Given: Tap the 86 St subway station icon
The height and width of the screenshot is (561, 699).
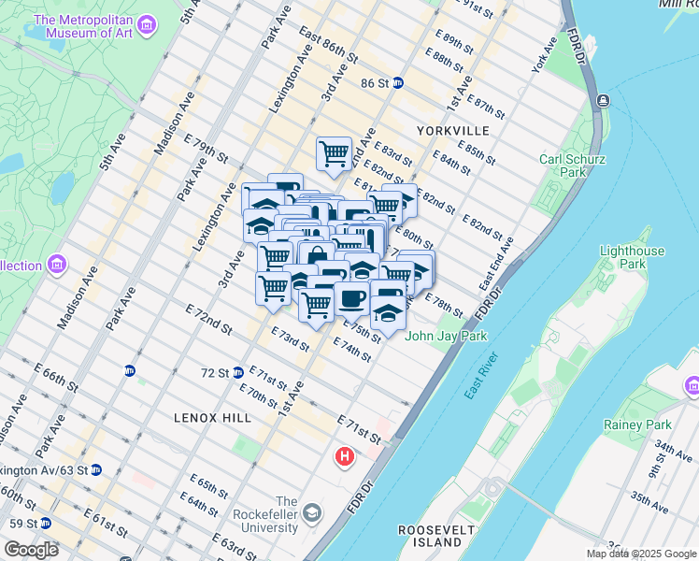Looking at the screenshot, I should [x=397, y=82].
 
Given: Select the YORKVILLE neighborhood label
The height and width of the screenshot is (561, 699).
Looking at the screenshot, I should [x=453, y=130].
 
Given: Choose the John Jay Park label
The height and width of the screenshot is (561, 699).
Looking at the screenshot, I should [x=440, y=336].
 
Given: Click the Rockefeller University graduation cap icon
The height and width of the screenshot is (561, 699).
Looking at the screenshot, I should [x=311, y=513].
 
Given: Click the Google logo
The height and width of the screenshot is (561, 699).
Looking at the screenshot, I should [x=31, y=550].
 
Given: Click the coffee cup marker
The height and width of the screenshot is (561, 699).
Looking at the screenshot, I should [x=352, y=299].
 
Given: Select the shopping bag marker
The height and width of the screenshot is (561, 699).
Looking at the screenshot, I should [x=317, y=256].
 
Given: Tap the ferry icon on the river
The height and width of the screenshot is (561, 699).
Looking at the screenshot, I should [x=604, y=100].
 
